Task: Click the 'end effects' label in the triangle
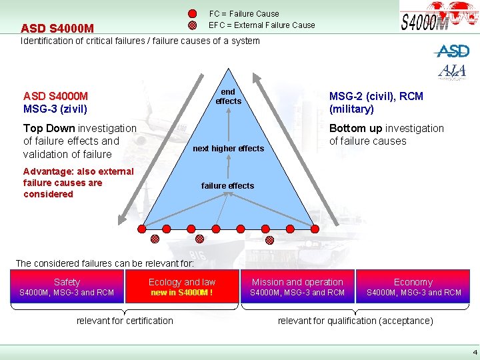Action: (x=228, y=96)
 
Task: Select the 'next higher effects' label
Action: (x=228, y=148)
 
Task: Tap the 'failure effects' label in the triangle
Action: (x=227, y=185)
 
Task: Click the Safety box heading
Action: (x=67, y=282)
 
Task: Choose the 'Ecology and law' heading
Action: (x=182, y=282)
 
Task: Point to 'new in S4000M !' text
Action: (x=182, y=293)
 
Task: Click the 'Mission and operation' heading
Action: (x=297, y=282)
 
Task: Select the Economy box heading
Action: (x=413, y=282)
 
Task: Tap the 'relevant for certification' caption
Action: (x=125, y=321)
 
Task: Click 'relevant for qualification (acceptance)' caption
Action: (x=355, y=321)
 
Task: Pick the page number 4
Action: (x=474, y=351)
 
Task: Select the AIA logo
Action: (x=451, y=71)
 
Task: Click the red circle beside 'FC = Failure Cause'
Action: (x=192, y=14)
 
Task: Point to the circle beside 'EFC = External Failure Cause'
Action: (x=192, y=25)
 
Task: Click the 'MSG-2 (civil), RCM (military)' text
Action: (x=376, y=102)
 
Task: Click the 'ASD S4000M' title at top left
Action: (x=57, y=29)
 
